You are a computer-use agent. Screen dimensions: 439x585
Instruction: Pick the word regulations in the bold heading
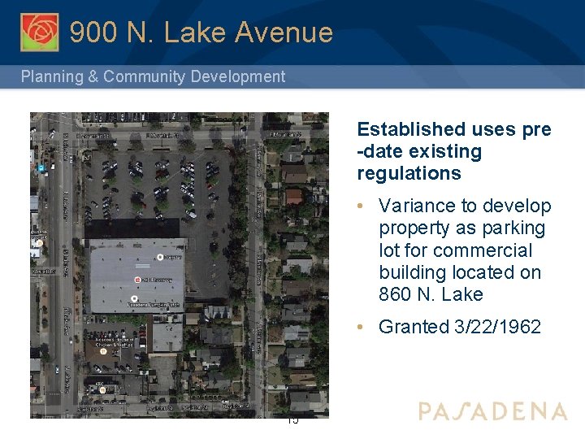click(x=409, y=173)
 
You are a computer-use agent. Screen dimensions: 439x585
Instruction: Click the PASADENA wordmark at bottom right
click(x=492, y=411)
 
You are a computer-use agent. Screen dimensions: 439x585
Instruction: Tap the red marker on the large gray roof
click(x=138, y=280)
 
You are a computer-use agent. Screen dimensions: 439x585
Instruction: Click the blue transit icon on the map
click(x=40, y=167)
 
